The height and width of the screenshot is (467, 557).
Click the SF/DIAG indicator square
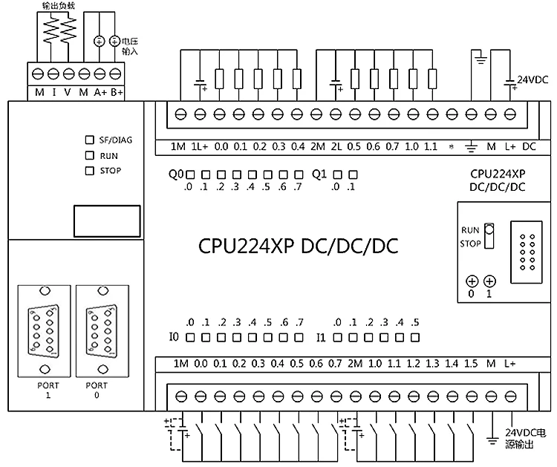[x=90, y=140]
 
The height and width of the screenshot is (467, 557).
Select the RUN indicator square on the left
[x=90, y=156]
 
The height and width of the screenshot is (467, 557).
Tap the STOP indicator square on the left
[x=90, y=171]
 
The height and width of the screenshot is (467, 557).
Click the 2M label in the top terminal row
[x=319, y=146]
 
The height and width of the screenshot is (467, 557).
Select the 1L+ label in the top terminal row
[x=199, y=146]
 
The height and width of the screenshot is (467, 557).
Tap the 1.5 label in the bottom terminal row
[x=471, y=364]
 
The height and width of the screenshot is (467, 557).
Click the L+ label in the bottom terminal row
[x=510, y=364]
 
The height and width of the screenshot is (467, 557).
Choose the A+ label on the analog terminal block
[x=100, y=92]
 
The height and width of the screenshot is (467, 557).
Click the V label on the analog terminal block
[x=68, y=92]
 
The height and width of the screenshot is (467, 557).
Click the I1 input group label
[x=322, y=338]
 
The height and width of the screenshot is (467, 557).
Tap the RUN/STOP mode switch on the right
[x=488, y=236]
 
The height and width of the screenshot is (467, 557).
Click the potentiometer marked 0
[x=471, y=281]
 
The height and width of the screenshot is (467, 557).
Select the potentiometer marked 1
[x=489, y=281]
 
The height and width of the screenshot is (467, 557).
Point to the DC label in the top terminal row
[x=530, y=146]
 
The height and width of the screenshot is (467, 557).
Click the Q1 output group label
[x=319, y=175]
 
